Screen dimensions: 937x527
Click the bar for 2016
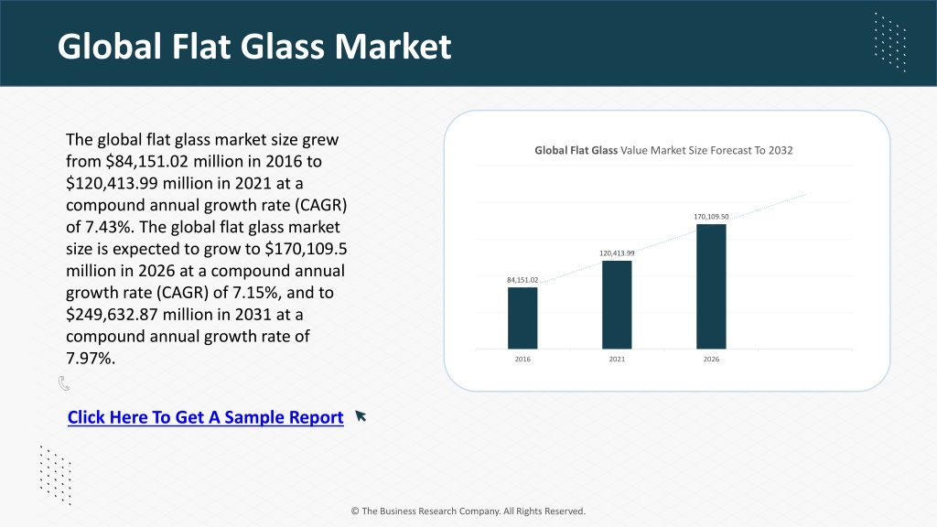[x=522, y=317]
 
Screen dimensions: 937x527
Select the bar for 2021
[x=617, y=305]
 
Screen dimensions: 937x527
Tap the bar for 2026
[x=711, y=286]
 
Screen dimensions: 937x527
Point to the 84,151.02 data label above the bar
[x=522, y=280]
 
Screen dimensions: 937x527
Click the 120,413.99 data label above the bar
[x=617, y=253]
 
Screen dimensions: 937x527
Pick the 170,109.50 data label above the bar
[x=711, y=216]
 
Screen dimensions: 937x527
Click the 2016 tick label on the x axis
[x=522, y=359]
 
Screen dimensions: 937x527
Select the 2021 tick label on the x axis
[x=617, y=359]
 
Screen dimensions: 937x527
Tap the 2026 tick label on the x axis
[x=711, y=359]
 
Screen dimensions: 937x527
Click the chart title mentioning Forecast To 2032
[x=663, y=151]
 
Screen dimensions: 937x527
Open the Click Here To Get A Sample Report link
[x=206, y=417]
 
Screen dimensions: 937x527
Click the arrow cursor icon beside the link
[x=361, y=416]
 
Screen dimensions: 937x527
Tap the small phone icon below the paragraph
[x=64, y=383]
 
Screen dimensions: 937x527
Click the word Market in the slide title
[x=393, y=46]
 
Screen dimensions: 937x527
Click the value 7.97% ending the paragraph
[x=91, y=358]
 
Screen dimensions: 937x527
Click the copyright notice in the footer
[x=468, y=511]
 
